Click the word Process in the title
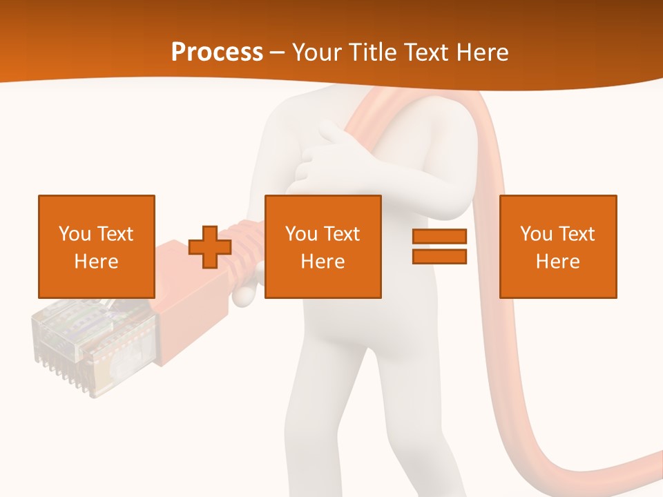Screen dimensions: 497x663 tap(217, 52)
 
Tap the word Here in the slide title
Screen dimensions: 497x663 tap(482, 52)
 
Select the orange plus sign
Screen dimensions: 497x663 tap(210, 246)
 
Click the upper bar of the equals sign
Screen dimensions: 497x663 tap(440, 237)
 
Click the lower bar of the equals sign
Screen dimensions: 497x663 tap(440, 256)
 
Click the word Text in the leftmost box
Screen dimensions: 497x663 tap(115, 234)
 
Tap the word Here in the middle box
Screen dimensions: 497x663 tap(323, 262)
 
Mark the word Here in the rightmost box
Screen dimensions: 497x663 tap(558, 262)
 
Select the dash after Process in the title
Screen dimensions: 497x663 tap(278, 53)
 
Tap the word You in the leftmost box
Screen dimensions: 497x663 tap(75, 234)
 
